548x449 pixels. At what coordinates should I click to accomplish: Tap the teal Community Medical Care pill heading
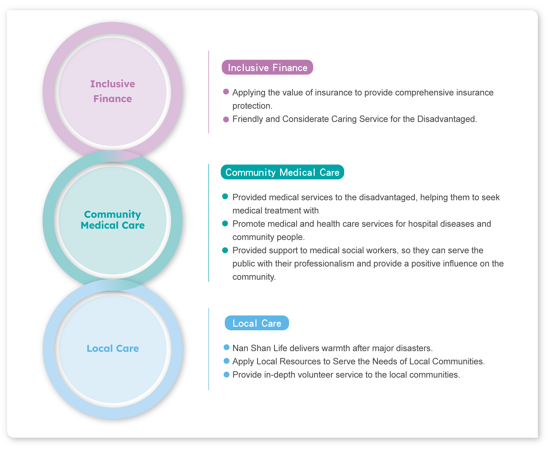282,172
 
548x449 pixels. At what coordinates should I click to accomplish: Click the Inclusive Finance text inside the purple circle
113,91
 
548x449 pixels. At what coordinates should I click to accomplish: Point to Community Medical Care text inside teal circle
113,220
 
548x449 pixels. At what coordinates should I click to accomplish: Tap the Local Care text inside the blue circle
113,348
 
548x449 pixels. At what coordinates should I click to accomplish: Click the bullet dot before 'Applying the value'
226,92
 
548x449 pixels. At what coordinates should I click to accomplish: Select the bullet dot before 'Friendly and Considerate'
226,119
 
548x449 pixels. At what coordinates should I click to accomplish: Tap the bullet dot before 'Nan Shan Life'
226,347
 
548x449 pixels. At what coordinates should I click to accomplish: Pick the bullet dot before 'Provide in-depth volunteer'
226,375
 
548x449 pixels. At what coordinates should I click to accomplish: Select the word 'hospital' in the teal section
423,224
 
